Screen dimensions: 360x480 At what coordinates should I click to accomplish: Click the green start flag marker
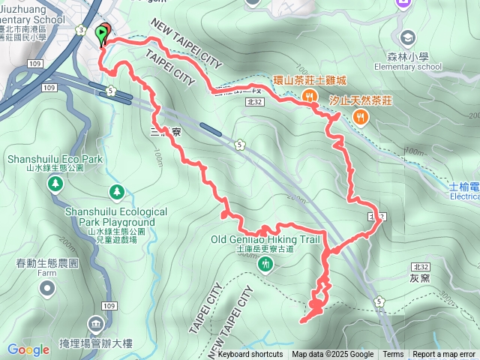click(101, 34)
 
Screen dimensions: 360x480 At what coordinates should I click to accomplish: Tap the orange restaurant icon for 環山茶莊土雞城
click(308, 95)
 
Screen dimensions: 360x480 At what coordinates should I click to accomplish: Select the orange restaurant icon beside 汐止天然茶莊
click(360, 116)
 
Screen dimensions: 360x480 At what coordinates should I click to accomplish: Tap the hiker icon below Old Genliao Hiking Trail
click(265, 264)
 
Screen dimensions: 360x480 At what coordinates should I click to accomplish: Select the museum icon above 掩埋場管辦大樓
click(96, 325)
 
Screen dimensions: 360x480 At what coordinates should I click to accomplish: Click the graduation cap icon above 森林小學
click(408, 37)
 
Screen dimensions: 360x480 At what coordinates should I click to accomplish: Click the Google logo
click(28, 349)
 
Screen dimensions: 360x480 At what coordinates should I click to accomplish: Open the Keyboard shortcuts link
click(250, 355)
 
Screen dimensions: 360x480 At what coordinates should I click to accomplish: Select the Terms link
click(393, 355)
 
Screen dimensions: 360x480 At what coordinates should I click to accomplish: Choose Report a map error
click(444, 355)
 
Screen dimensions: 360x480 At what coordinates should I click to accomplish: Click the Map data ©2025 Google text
click(333, 355)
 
